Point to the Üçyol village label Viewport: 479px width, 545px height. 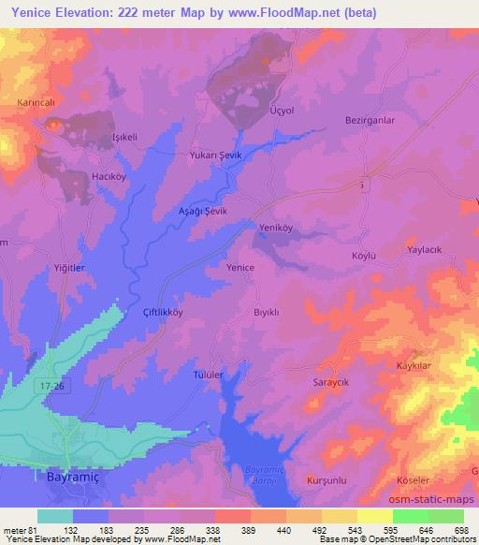(282, 110)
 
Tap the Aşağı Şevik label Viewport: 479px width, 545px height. (203, 212)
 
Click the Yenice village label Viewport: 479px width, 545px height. (240, 267)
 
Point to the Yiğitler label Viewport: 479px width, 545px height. (70, 267)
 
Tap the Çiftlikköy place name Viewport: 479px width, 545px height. (162, 312)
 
